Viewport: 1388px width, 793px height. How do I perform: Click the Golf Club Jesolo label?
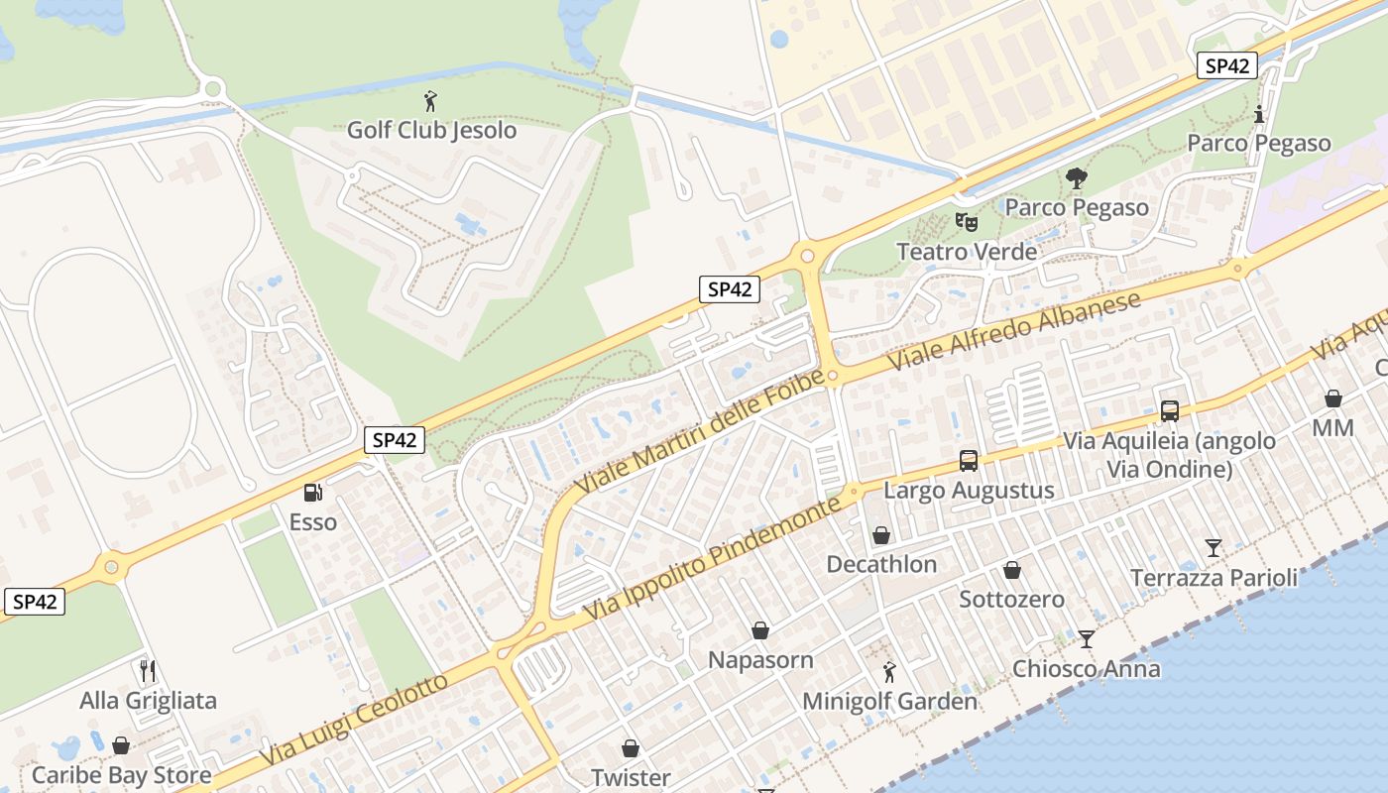(x=431, y=130)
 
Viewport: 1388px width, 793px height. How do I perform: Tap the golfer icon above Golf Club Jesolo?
(x=430, y=101)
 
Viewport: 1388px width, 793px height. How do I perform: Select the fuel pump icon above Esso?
(x=312, y=492)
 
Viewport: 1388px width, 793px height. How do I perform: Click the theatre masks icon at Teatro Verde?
(x=966, y=221)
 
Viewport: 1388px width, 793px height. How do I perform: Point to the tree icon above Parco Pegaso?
(x=1076, y=178)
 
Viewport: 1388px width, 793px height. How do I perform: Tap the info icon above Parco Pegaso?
(x=1259, y=114)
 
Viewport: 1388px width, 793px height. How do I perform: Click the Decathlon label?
(x=881, y=564)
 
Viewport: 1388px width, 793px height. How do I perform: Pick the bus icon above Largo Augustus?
(x=969, y=461)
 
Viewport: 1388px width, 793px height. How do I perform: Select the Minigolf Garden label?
(x=889, y=701)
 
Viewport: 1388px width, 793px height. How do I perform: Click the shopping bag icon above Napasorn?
(x=760, y=630)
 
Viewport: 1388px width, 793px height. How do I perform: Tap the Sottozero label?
(x=1011, y=599)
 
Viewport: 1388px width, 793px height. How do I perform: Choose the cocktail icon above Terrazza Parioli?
(x=1214, y=548)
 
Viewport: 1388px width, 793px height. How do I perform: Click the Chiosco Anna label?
(x=1086, y=668)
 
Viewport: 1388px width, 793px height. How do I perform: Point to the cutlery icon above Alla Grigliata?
(x=148, y=671)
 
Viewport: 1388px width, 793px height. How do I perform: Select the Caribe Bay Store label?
(x=121, y=774)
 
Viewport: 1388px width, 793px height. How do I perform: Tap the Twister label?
(x=631, y=777)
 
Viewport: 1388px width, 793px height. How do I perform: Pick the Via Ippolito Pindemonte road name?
(x=712, y=560)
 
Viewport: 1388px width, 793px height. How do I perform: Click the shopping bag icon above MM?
(x=1333, y=398)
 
